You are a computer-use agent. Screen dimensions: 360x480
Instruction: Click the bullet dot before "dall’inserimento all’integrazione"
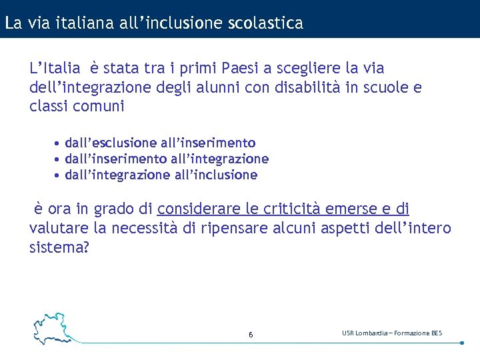[x=58, y=159]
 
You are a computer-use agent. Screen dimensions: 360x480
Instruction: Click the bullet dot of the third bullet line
[x=58, y=176]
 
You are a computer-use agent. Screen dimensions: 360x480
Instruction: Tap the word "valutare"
[x=59, y=229]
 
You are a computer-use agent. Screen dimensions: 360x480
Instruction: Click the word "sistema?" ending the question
[x=59, y=247]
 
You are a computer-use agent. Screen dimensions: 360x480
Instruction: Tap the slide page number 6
[x=251, y=334]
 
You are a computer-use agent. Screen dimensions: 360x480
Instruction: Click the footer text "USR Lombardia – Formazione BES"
[x=392, y=333]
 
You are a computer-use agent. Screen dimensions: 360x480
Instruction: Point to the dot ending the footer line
[x=462, y=343]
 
